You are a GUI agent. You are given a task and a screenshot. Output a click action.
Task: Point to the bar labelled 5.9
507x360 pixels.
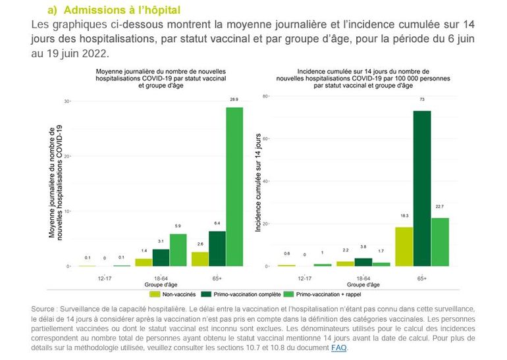tap(178, 250)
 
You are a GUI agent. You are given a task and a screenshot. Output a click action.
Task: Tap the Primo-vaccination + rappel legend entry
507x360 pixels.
tap(329, 294)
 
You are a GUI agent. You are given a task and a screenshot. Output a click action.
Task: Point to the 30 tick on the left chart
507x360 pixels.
tap(67, 101)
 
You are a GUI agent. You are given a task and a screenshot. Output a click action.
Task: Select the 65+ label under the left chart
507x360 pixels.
tap(217, 278)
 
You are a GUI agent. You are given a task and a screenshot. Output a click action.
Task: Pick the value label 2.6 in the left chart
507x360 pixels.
tap(199, 245)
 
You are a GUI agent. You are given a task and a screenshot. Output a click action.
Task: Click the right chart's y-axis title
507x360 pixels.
tap(259, 183)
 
